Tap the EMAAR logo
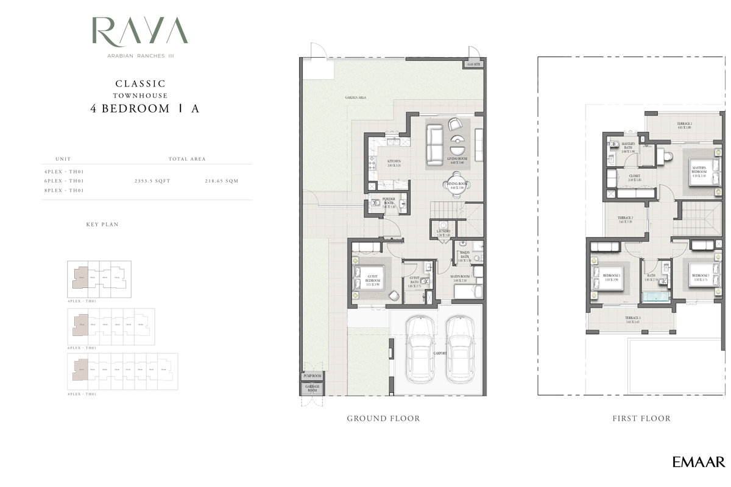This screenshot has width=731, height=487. click(698, 462)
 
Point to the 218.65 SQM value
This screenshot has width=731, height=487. click(222, 181)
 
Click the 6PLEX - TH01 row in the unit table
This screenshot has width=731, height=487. click(64, 181)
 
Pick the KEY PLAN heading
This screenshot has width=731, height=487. click(102, 225)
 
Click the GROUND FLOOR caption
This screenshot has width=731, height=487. click(383, 419)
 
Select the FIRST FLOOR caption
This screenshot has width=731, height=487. click(641, 419)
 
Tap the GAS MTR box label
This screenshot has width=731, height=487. click(474, 64)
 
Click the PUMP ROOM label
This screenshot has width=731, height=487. click(311, 376)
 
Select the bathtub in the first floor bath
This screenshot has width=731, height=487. click(655, 298)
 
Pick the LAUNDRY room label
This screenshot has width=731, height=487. click(443, 232)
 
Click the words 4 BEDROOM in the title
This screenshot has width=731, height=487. click(130, 109)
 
